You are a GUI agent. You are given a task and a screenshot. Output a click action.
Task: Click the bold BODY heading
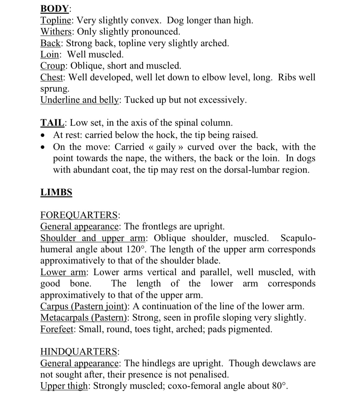[55, 9]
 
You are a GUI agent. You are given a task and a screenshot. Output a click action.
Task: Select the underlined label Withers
[57, 32]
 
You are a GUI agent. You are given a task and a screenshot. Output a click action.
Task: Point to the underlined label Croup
[54, 66]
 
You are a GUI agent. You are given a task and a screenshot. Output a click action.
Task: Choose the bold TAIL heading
[52, 123]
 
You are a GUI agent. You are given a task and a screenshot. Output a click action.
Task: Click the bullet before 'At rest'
[42, 135]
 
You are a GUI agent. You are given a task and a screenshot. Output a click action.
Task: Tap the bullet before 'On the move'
[42, 147]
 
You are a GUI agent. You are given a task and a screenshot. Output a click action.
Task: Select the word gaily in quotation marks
[166, 147]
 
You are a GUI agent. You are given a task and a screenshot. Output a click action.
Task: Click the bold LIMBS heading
[56, 193]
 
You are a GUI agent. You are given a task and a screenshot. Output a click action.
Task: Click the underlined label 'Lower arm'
[64, 272]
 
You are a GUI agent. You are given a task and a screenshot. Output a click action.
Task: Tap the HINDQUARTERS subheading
[79, 352]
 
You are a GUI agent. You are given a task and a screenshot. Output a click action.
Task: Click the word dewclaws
[283, 363]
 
